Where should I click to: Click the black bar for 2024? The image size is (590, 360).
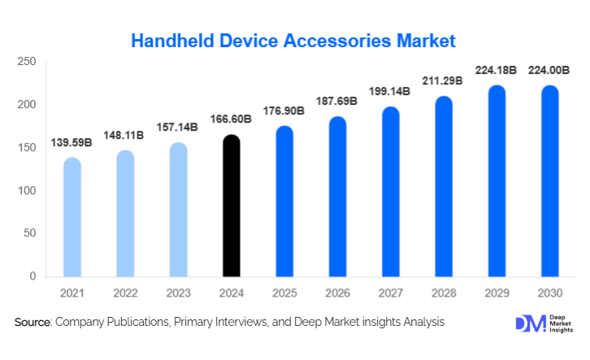point(232,206)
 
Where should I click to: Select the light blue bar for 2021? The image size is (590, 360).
point(72,217)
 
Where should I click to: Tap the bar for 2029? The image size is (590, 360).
point(497,181)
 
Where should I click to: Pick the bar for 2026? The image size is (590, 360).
point(337,197)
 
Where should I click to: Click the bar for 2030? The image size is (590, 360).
point(549,181)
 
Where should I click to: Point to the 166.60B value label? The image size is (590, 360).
point(232,119)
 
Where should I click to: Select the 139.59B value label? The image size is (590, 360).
point(72,143)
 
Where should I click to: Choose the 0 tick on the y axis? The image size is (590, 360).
point(33,276)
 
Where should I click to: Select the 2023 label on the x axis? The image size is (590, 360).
point(178,291)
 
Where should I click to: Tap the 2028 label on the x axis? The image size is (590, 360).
point(444,291)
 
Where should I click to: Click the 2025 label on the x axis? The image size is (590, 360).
point(284,291)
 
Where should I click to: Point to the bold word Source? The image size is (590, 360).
point(33,323)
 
